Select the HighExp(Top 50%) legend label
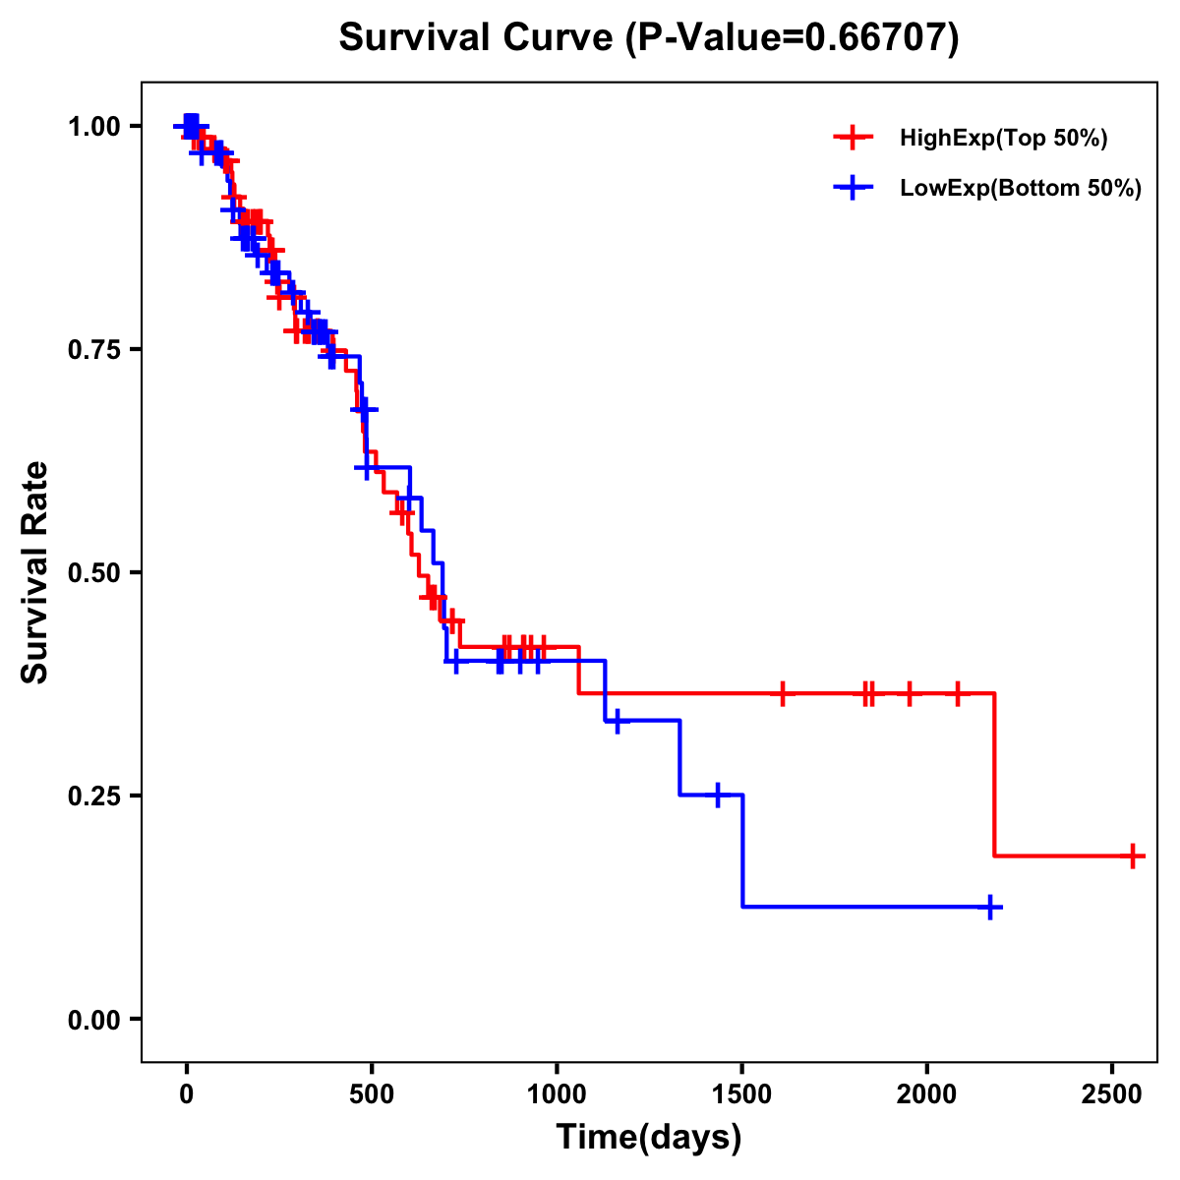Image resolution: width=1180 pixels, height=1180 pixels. [1003, 139]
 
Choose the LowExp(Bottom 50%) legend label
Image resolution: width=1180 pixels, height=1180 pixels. [1021, 189]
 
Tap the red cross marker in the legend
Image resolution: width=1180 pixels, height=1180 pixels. [853, 139]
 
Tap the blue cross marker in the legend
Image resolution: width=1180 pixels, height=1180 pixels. [853, 189]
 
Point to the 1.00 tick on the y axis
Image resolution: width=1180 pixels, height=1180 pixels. [94, 126]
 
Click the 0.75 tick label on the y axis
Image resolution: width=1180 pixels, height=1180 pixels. [94, 349]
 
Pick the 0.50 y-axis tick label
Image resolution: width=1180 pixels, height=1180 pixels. [94, 572]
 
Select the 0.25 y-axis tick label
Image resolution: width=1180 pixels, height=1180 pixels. [94, 796]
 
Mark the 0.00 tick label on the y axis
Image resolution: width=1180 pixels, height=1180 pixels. [94, 1019]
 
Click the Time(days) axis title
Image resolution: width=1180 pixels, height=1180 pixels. [649, 1138]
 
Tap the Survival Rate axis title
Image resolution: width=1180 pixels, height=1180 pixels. [35, 572]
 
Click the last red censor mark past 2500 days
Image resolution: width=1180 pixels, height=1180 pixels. [1133, 855]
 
